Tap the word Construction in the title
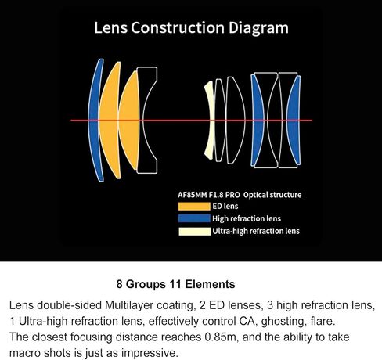tap(178, 27)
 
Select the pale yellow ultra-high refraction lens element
tap(209, 120)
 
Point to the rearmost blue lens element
tap(294, 120)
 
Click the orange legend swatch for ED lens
tap(194, 207)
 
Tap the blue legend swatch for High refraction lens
tap(194, 218)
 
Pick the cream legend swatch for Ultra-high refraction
tap(194, 231)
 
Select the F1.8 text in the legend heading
tap(216, 195)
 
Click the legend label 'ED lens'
tap(225, 206)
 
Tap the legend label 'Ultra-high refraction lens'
tap(256, 231)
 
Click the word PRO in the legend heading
tap(232, 195)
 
